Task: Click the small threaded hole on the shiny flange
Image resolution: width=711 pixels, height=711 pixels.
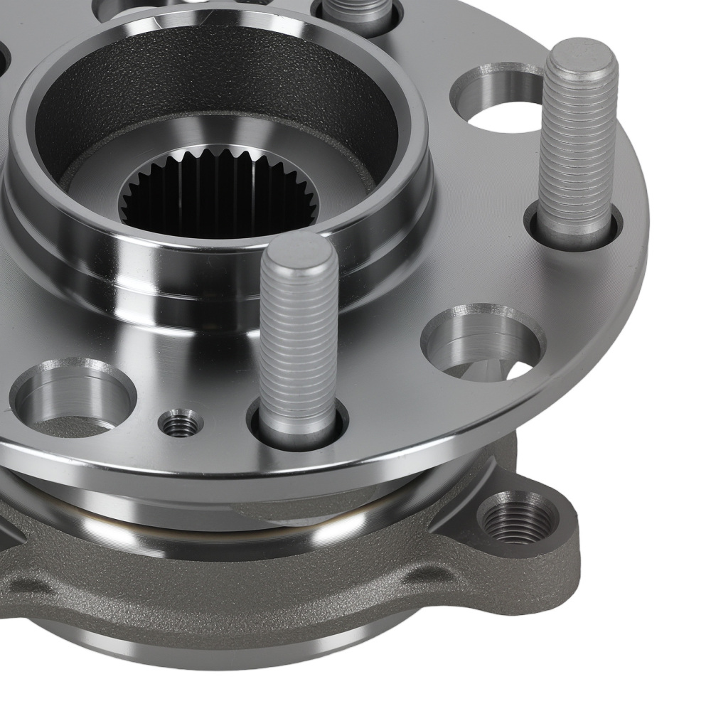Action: (x=181, y=424)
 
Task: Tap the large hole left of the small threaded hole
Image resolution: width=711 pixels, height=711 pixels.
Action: (x=75, y=397)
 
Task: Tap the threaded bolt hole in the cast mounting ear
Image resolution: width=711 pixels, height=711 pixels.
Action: (x=518, y=518)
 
